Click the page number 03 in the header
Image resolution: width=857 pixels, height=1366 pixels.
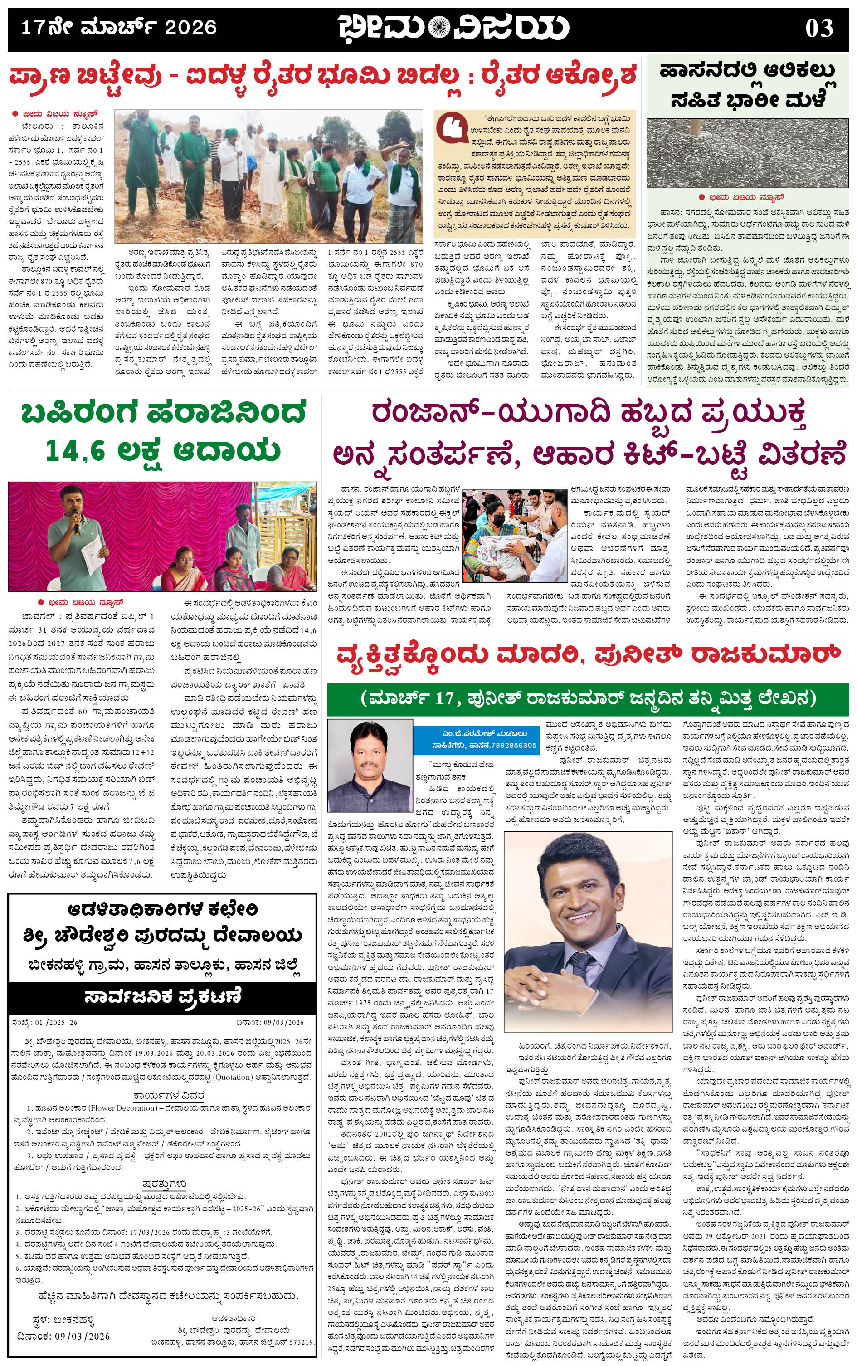[819, 27]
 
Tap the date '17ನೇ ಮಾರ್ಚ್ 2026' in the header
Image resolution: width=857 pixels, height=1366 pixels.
[118, 27]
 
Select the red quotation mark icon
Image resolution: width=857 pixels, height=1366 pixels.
[452, 129]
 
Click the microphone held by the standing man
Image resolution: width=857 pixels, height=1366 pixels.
[75, 526]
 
